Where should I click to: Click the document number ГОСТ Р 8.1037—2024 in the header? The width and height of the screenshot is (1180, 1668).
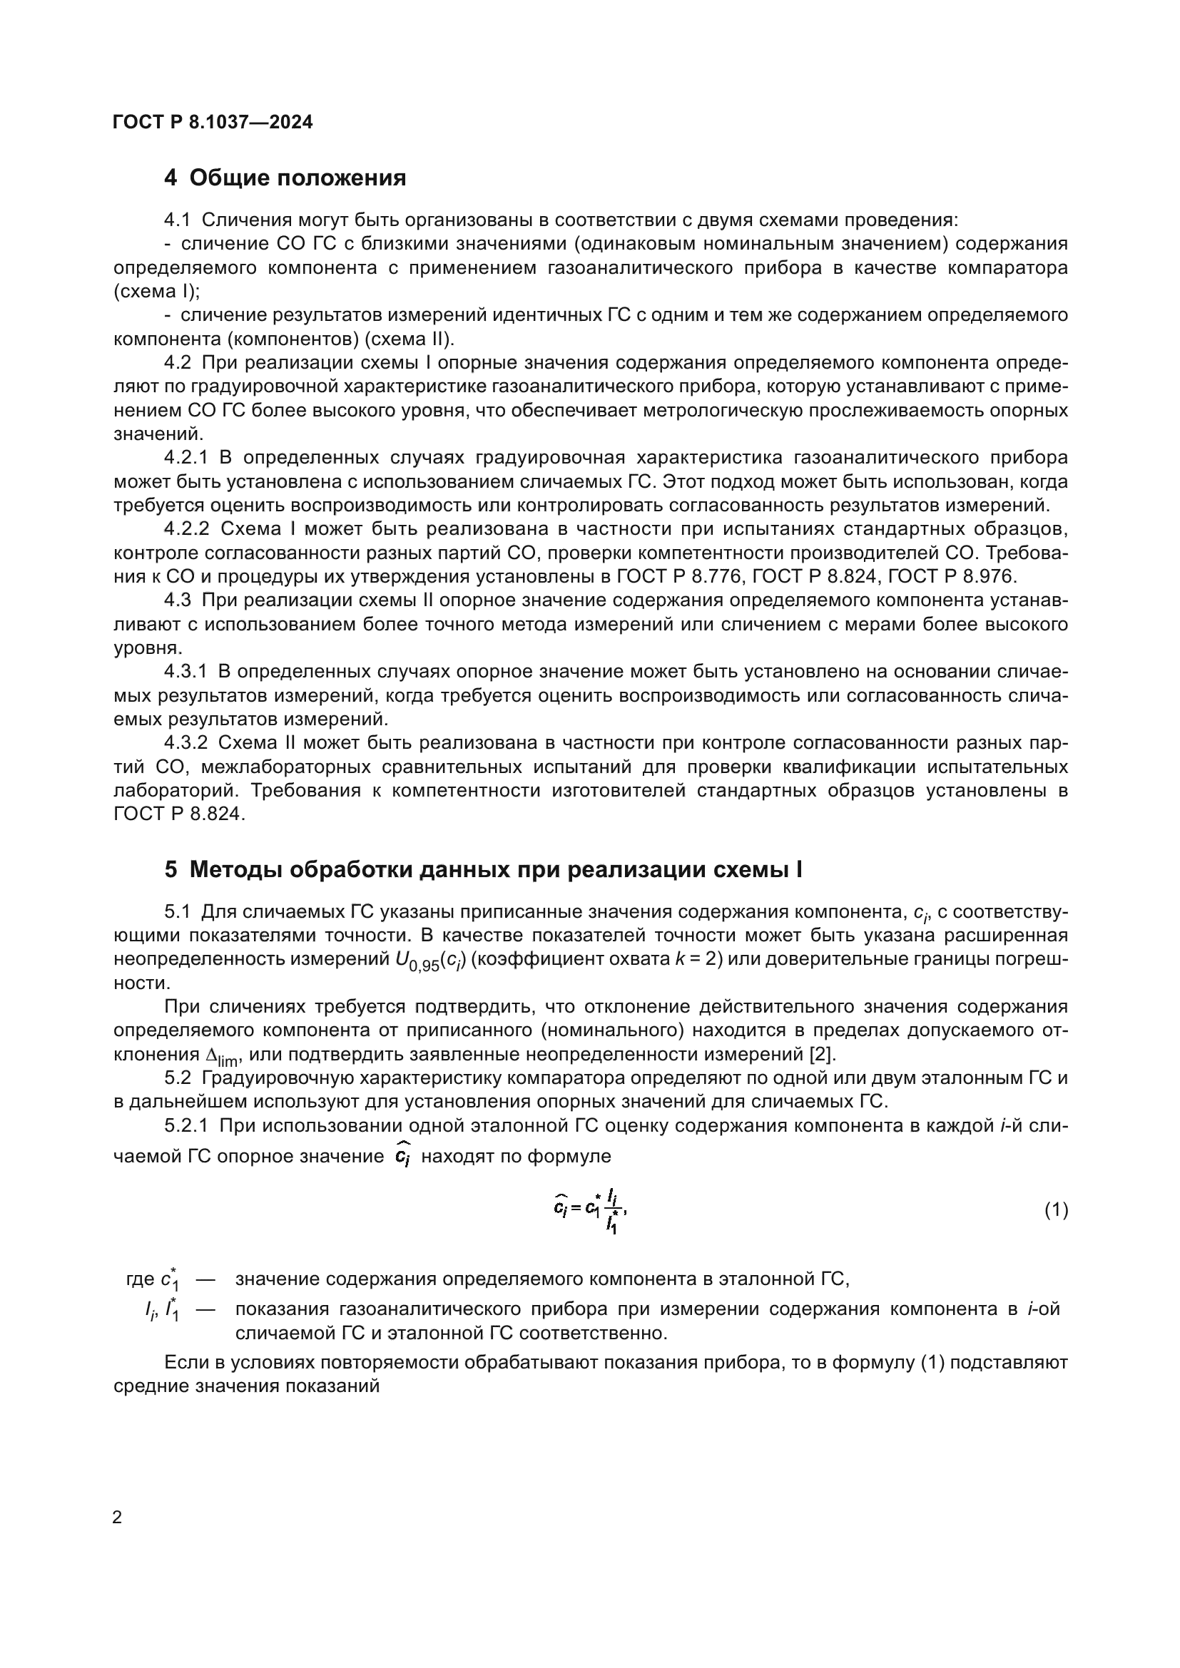212,122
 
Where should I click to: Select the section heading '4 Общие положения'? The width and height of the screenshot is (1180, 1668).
285,178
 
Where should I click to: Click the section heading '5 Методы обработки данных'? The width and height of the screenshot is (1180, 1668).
483,869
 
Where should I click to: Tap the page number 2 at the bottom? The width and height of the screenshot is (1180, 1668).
117,1517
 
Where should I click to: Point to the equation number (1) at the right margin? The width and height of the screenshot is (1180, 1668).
1056,1209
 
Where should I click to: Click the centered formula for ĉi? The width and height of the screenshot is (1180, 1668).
589,1210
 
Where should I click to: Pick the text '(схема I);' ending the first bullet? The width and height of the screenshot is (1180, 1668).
156,292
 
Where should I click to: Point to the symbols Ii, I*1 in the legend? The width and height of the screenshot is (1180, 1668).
161,1311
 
